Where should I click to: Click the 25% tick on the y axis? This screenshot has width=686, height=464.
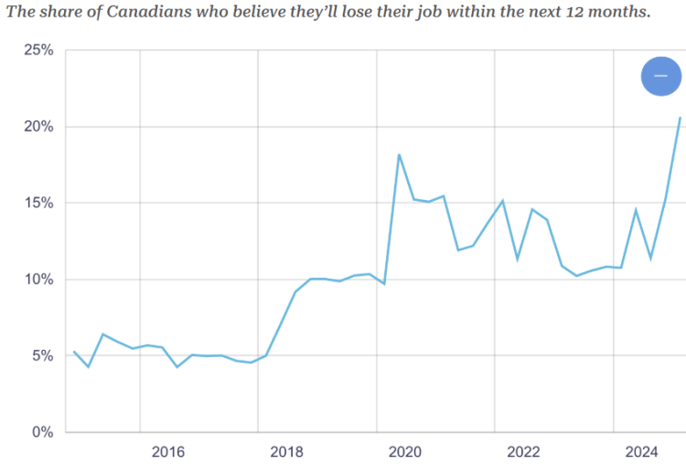[38, 50]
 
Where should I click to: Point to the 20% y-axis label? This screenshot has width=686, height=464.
[38, 126]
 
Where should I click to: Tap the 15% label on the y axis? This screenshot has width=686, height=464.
[38, 203]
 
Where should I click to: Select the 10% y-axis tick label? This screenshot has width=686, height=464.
[38, 279]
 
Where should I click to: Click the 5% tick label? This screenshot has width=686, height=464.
[42, 355]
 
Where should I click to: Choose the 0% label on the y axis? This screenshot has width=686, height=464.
[42, 432]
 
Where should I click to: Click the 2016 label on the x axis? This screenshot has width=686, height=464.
[168, 451]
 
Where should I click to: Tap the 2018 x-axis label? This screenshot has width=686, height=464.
[286, 451]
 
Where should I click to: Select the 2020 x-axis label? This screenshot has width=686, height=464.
[405, 451]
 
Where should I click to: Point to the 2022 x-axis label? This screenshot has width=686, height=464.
[523, 451]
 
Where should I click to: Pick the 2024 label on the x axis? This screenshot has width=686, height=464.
[642, 451]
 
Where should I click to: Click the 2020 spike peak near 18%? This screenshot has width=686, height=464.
[399, 154]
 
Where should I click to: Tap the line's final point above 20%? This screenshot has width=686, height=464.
[680, 117]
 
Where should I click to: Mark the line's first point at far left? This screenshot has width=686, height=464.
[73, 352]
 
